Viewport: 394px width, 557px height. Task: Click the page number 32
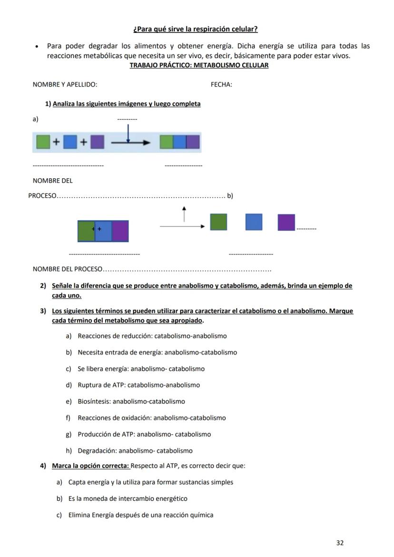340,543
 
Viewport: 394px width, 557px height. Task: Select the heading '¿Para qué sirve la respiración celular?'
196,29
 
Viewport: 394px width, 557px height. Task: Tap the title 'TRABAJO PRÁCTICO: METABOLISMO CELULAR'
199,65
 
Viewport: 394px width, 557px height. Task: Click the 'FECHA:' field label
221,85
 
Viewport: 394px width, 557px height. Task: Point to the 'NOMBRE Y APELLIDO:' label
65,85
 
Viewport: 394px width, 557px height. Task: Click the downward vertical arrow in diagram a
128,133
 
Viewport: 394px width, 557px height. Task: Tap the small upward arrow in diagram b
184,214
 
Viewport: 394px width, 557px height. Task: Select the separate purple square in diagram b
286,223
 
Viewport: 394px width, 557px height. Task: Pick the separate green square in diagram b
218,222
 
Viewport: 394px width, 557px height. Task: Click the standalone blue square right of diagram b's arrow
254,222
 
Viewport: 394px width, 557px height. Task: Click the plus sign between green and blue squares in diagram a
57,142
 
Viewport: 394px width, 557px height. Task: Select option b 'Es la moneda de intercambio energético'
128,499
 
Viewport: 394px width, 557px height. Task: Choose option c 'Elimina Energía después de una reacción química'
141,515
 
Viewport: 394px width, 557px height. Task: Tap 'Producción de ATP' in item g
106,435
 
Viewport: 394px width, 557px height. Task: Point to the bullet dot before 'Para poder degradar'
37,47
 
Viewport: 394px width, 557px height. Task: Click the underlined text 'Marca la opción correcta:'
90,466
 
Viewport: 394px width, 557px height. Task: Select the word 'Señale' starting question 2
62,286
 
